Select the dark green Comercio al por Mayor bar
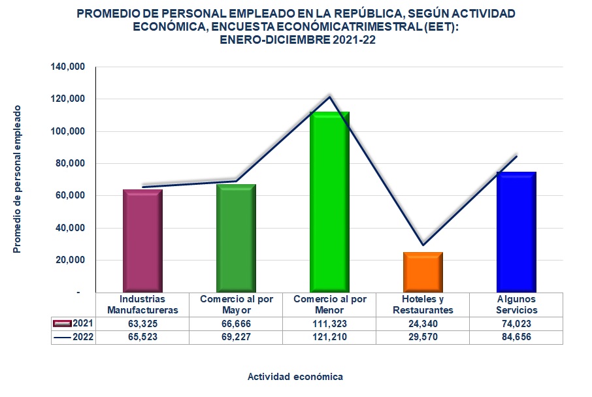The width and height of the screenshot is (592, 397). coord(236,238)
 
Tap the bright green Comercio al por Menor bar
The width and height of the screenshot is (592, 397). coord(329,202)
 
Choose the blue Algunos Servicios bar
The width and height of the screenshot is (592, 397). coord(516,232)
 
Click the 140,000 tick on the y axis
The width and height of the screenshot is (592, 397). coord(68,67)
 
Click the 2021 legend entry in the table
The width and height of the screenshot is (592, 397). coord(73,323)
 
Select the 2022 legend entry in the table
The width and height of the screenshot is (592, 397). coord(73,337)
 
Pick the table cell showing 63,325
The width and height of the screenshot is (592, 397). coord(142,323)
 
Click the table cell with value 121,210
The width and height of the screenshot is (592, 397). coord(329,337)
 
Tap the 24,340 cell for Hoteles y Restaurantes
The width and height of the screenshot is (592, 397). coord(423,323)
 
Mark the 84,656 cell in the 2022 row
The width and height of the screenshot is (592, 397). coord(516,337)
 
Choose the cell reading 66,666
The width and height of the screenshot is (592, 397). coord(236,323)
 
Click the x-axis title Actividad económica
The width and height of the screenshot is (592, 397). coord(295,377)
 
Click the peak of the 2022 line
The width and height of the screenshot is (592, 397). coord(329,97)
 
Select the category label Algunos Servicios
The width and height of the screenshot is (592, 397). coord(516,304)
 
